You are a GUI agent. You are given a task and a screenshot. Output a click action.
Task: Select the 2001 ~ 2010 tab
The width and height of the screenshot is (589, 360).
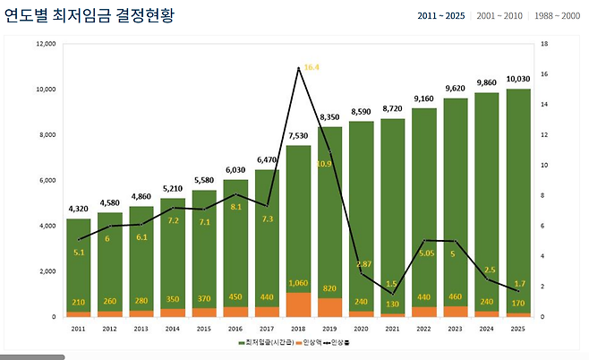500,16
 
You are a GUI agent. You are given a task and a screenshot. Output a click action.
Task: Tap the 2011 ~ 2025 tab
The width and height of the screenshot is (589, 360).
441,16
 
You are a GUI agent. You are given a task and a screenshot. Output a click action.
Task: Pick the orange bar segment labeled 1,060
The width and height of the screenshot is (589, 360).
298,304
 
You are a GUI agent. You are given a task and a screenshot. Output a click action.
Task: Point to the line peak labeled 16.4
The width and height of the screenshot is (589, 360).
299,68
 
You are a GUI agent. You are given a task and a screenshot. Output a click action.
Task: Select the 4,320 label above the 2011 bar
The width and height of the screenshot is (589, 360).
79,210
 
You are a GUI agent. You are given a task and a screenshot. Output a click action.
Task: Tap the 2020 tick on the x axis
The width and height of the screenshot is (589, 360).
362,329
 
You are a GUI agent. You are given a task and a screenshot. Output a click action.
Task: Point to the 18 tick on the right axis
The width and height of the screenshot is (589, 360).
544,44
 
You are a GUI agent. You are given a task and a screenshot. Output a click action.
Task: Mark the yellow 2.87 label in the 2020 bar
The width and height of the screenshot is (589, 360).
363,264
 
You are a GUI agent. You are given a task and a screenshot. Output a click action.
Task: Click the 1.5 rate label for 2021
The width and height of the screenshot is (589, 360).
391,284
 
